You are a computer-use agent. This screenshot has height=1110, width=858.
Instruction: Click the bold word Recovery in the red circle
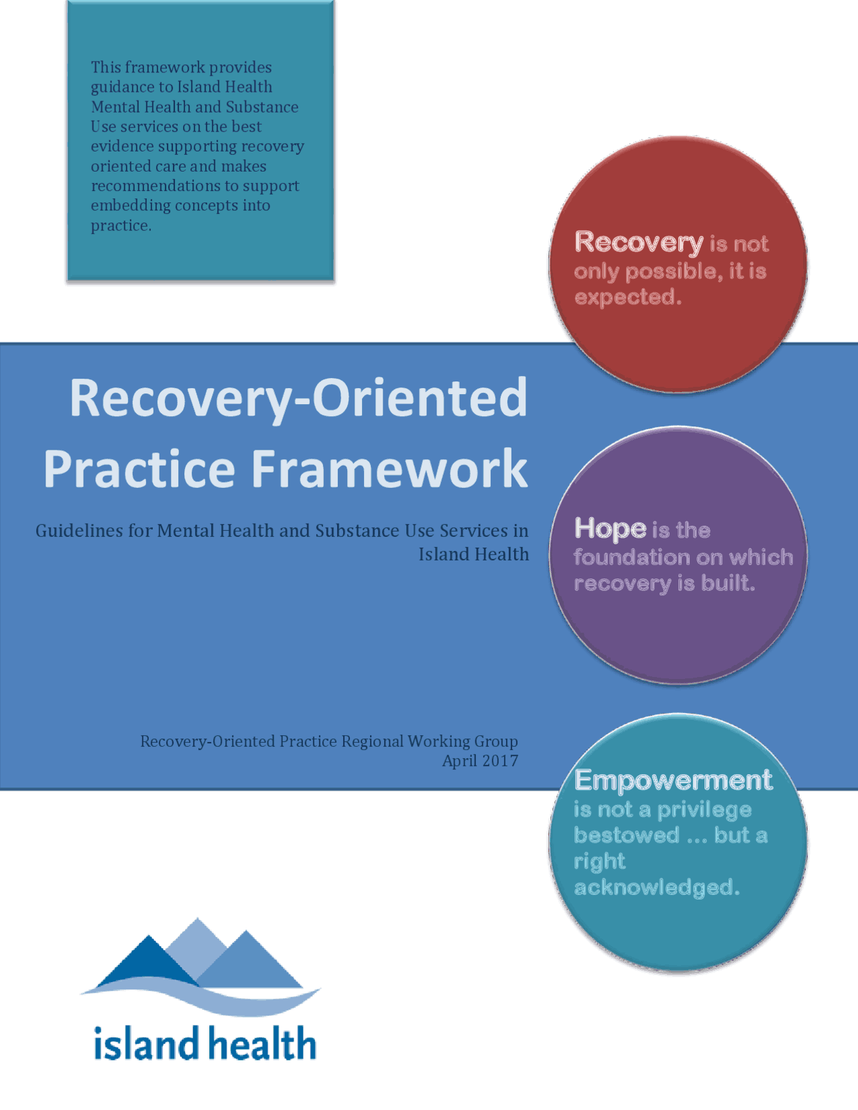click(639, 243)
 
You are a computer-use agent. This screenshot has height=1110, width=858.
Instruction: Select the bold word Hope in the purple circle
click(610, 529)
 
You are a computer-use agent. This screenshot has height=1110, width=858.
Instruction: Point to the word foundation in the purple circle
click(632, 557)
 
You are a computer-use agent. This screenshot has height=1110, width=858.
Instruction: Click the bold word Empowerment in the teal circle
click(673, 780)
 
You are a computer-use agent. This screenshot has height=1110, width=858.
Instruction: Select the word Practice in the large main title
click(139, 469)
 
